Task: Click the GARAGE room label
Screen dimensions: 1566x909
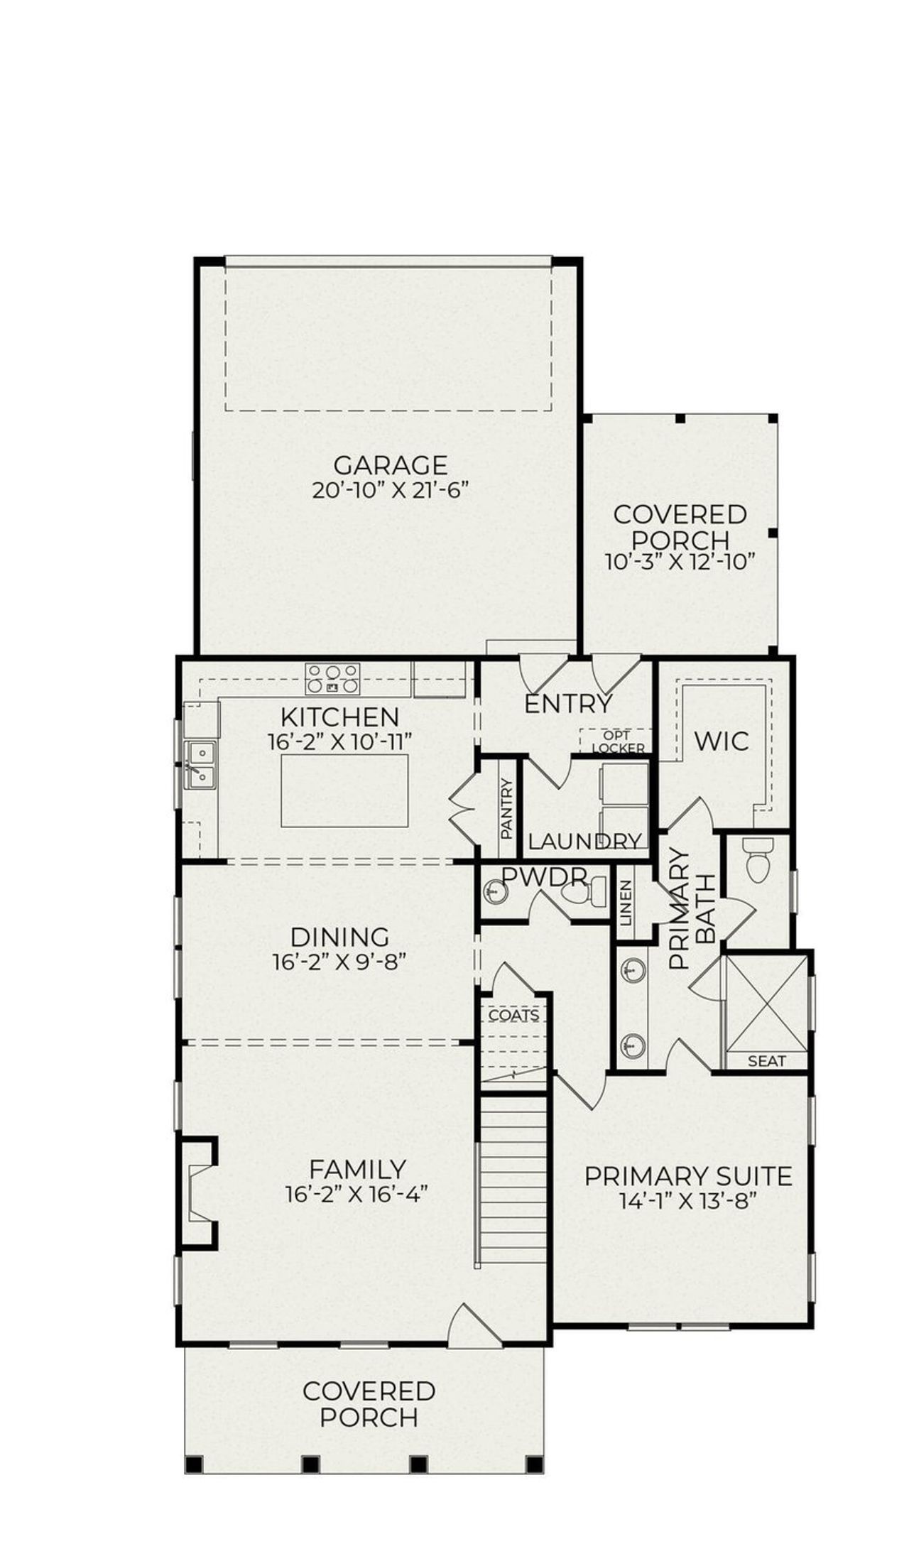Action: [x=390, y=465]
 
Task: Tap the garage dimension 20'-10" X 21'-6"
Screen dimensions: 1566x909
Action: [x=391, y=491]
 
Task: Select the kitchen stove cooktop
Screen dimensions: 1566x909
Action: [x=332, y=678]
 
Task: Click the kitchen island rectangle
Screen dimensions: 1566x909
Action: [x=344, y=790]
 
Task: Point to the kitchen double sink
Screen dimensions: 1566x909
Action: [x=200, y=765]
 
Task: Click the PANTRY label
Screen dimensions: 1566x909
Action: [x=507, y=809]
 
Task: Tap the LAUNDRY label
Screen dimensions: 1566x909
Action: [x=584, y=842]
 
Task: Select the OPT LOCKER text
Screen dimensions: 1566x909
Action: [x=617, y=742]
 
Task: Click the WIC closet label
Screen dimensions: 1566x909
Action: [x=722, y=741]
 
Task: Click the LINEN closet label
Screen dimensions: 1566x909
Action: [x=626, y=902]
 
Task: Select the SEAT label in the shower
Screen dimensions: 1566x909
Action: [x=767, y=1061]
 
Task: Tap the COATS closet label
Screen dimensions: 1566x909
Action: [x=513, y=1016]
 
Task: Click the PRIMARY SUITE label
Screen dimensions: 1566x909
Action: [x=687, y=1177]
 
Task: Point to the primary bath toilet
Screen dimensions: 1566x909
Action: [x=757, y=860]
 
